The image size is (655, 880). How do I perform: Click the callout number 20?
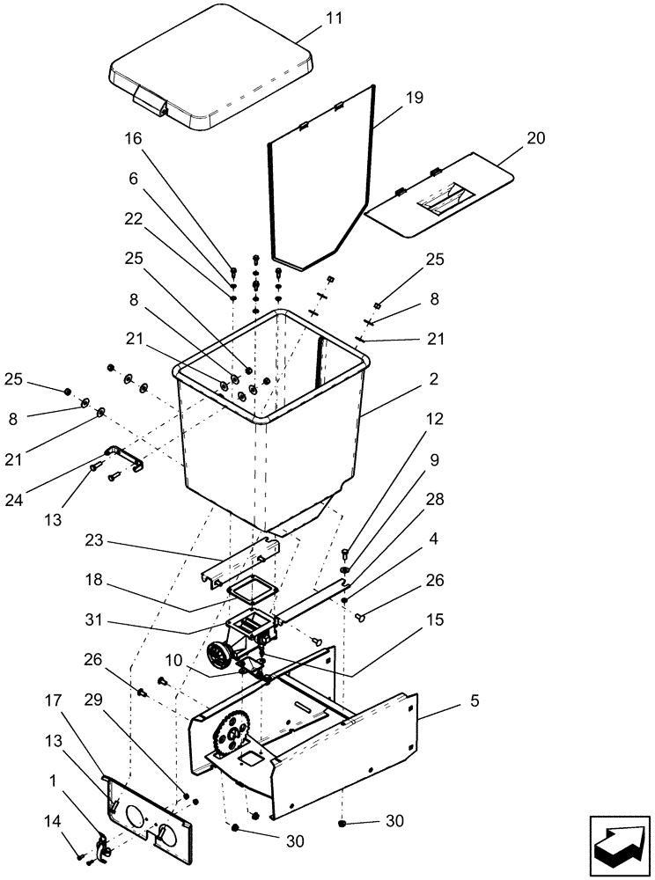pyautogui.click(x=535, y=138)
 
